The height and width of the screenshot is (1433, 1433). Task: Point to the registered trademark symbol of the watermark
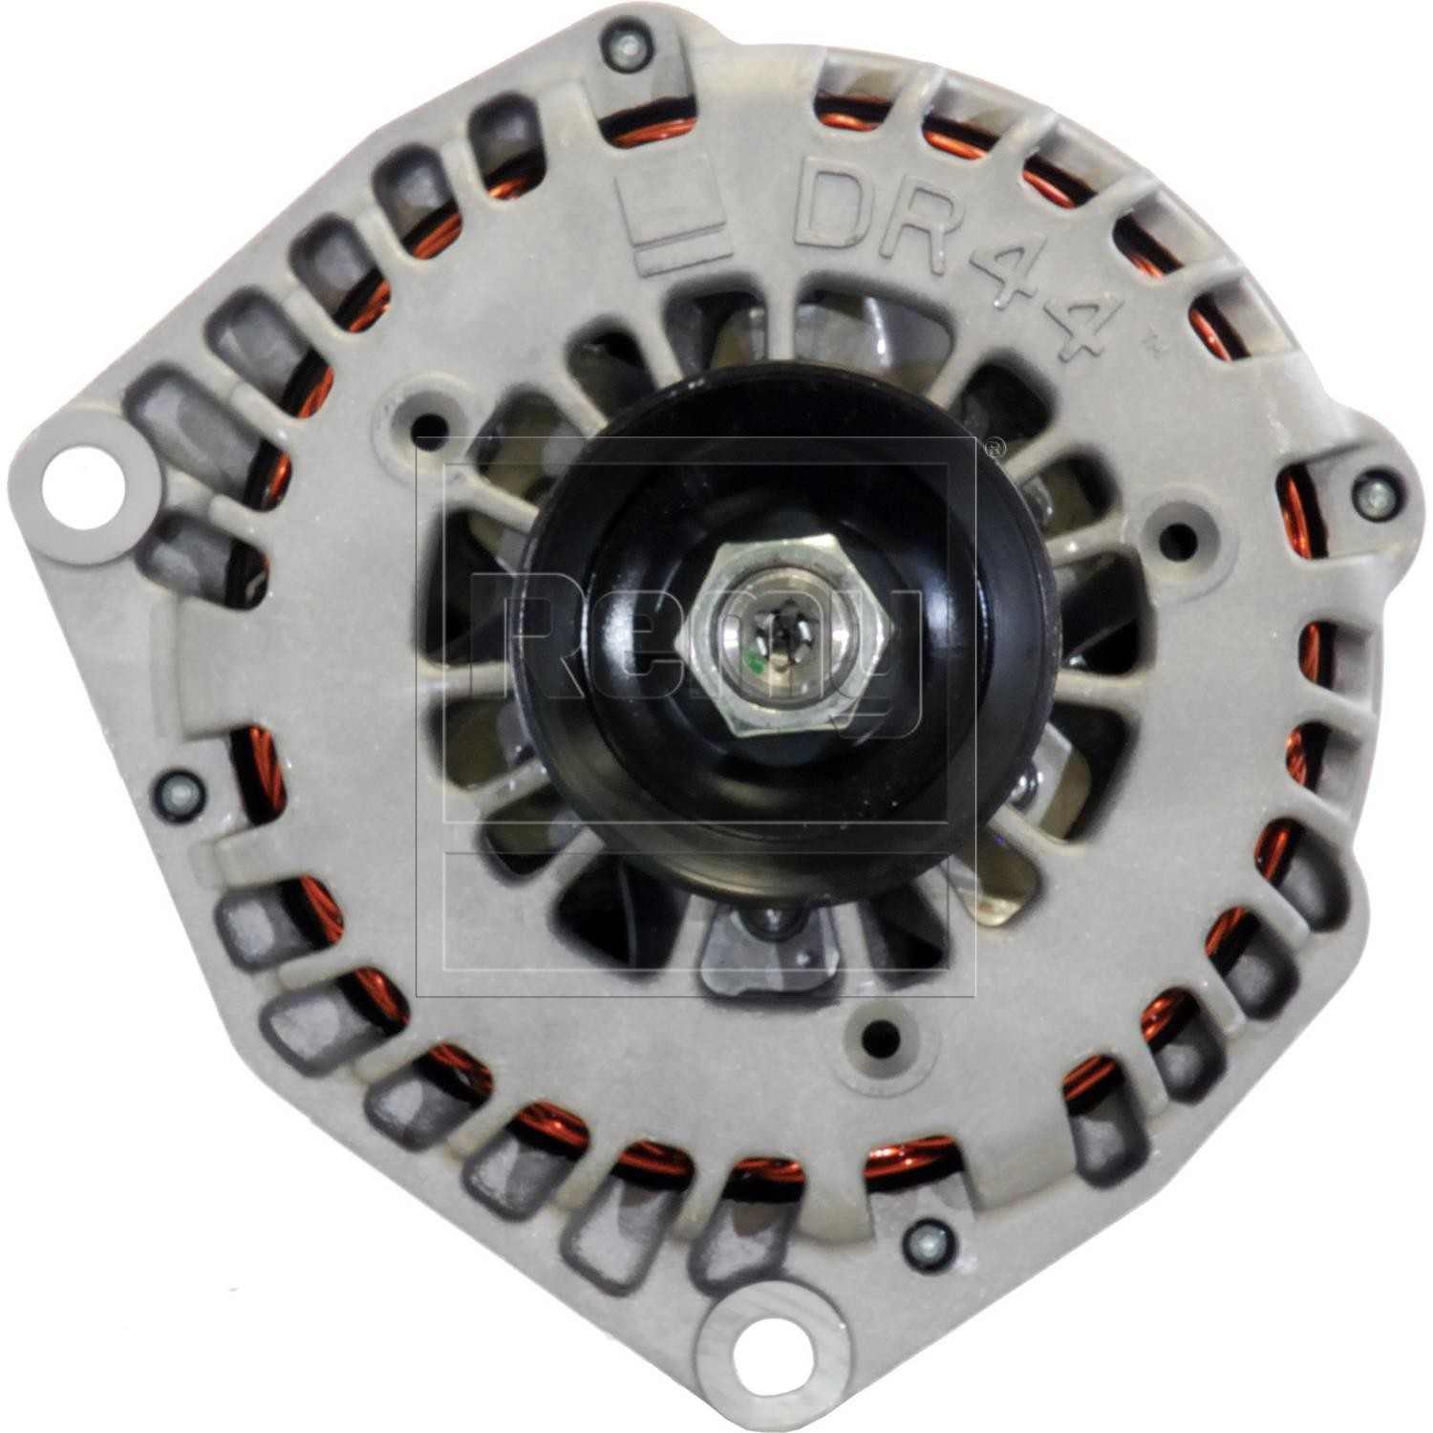995,446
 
